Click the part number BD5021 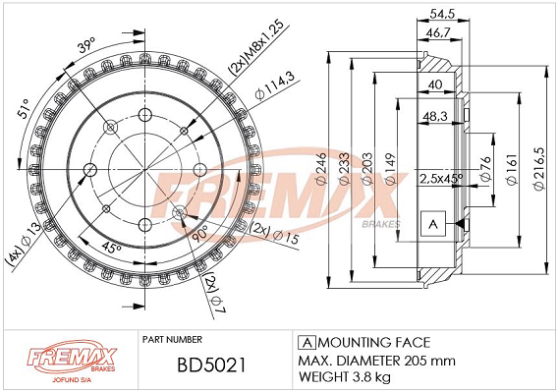pos(211,365)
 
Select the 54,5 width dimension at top pos(442,14)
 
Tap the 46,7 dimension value pos(438,32)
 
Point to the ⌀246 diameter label pos(321,168)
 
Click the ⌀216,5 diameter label pos(539,168)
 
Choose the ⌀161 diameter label pos(512,170)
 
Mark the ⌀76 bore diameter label pos(485,169)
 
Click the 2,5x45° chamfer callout pos(441,179)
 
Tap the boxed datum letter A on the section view pos(433,224)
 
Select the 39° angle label pos(86,45)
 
